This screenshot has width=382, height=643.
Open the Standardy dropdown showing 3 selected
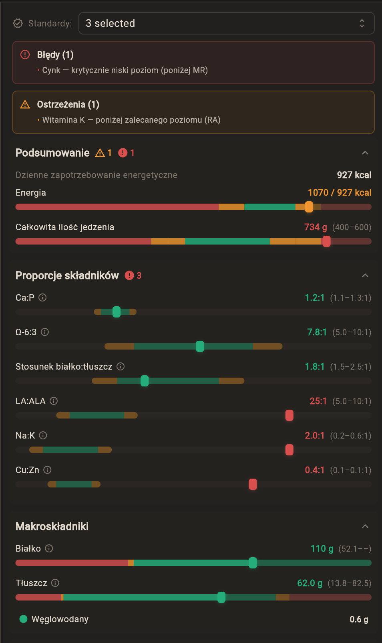pos(226,23)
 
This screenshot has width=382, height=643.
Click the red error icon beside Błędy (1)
pos(25,55)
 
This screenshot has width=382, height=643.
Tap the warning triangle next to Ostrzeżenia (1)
pos(25,105)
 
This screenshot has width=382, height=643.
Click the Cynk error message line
pos(125,70)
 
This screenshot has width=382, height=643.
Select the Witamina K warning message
pos(131,120)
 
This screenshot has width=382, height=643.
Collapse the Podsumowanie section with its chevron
pos(365,153)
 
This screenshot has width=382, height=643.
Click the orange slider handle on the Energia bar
pos(309,207)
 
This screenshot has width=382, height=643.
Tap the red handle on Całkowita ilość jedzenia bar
pos(326,241)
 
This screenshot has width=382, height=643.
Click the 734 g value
pos(315,227)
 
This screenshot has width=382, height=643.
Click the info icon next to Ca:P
pos(42,297)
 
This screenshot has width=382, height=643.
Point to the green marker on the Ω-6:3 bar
pos(200,346)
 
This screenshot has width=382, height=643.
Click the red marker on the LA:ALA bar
pos(289,415)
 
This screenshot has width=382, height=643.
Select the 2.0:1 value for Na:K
pos(314,436)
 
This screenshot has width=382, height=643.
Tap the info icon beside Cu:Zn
pos(47,470)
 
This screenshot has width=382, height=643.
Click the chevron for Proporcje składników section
pos(365,275)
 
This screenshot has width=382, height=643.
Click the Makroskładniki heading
pos(52,526)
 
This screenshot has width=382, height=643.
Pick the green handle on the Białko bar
pos(253,563)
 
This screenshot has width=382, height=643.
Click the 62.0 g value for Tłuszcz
pos(310,583)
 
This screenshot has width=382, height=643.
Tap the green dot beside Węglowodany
pos(24,619)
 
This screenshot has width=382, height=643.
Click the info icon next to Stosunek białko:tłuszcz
pos(121,366)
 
